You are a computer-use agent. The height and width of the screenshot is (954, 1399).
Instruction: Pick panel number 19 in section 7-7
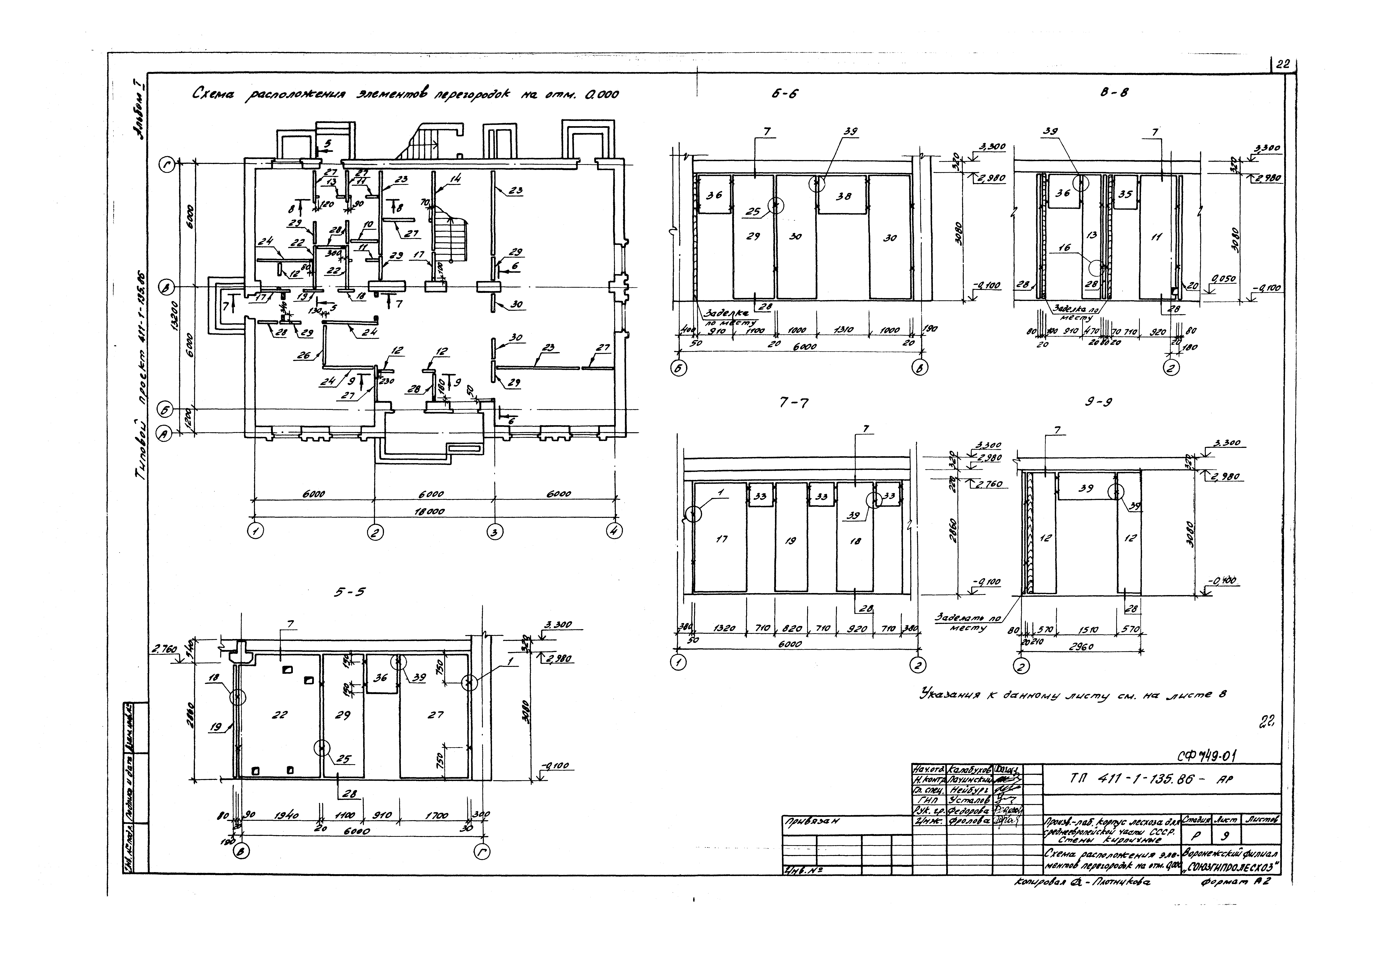click(790, 541)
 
